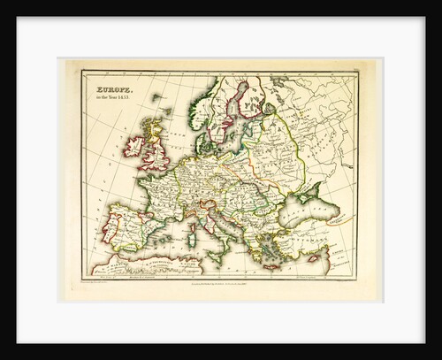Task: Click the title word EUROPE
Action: coord(114,88)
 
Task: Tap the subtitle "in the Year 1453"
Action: coord(116,98)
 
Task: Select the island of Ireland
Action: coord(133,146)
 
